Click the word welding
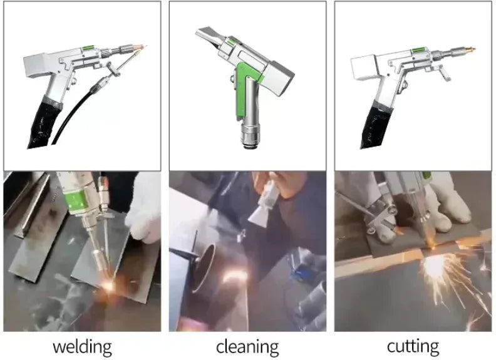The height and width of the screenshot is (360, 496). tap(82, 347)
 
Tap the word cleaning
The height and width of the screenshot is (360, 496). tap(247, 347)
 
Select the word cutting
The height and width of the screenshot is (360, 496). tap(413, 347)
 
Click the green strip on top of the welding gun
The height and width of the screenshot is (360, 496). tap(89, 48)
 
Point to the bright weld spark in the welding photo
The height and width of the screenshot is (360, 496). tap(108, 286)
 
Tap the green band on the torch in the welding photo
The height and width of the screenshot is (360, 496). tap(76, 202)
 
